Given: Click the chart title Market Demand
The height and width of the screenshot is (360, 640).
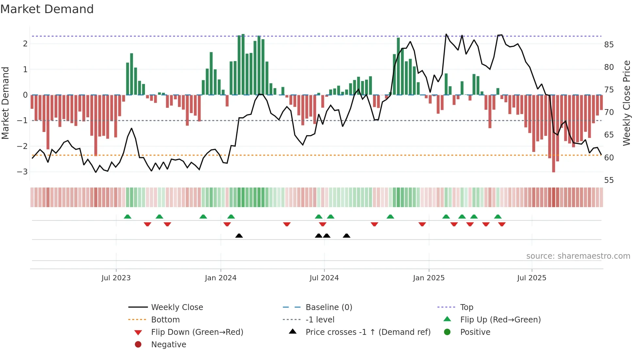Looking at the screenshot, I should (47, 9).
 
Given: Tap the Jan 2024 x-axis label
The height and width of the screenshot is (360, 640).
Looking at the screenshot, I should (220, 278).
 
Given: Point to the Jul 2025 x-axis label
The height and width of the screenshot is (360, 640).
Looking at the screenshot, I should (532, 278).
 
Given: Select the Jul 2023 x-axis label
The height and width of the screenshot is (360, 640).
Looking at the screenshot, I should (116, 278).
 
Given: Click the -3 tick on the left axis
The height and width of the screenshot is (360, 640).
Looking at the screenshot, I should (23, 172).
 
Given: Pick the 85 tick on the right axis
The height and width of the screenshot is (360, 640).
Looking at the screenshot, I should (609, 44).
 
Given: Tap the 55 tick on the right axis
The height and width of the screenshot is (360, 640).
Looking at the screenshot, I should (609, 180).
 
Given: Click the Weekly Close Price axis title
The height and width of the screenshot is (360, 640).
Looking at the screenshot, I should (626, 103).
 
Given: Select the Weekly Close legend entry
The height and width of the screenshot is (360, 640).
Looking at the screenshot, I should (177, 307).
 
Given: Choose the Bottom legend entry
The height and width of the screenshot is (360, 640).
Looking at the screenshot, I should (165, 319).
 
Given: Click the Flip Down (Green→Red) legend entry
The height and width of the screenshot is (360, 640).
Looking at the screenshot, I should (197, 332).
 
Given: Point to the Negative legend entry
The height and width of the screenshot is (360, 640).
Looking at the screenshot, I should (168, 344).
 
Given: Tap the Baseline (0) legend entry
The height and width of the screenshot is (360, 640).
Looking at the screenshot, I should (329, 307).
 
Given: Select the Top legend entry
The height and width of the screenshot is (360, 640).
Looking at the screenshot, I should (467, 307).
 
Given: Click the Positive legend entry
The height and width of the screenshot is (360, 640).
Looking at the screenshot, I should (475, 332).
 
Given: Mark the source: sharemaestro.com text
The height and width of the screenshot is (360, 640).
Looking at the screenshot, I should (578, 256).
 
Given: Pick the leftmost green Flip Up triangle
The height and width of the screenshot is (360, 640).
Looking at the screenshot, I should (128, 217).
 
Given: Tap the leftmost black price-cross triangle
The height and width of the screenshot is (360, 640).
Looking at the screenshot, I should (239, 236).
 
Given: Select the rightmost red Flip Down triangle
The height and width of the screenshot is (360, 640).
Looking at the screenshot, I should (502, 224).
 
